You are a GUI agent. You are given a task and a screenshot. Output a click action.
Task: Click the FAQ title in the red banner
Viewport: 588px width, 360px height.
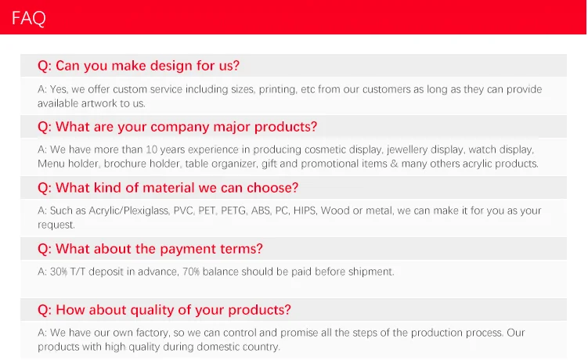(x=29, y=18)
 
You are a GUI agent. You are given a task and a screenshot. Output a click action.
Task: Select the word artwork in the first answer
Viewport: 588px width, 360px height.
(x=99, y=103)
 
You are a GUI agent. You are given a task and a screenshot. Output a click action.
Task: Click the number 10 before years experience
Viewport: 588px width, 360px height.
(x=151, y=149)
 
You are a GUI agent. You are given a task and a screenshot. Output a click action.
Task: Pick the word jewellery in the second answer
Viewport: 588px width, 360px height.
(x=406, y=150)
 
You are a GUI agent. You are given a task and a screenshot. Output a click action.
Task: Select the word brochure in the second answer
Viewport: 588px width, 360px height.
(x=124, y=164)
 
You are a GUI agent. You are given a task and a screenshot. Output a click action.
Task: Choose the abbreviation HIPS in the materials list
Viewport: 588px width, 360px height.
(x=305, y=211)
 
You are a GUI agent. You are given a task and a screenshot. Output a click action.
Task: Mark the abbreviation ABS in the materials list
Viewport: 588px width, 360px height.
(x=261, y=211)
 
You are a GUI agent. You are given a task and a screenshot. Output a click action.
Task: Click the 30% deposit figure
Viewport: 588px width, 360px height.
(x=59, y=272)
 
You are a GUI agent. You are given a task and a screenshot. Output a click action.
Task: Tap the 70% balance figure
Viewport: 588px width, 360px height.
(x=191, y=272)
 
